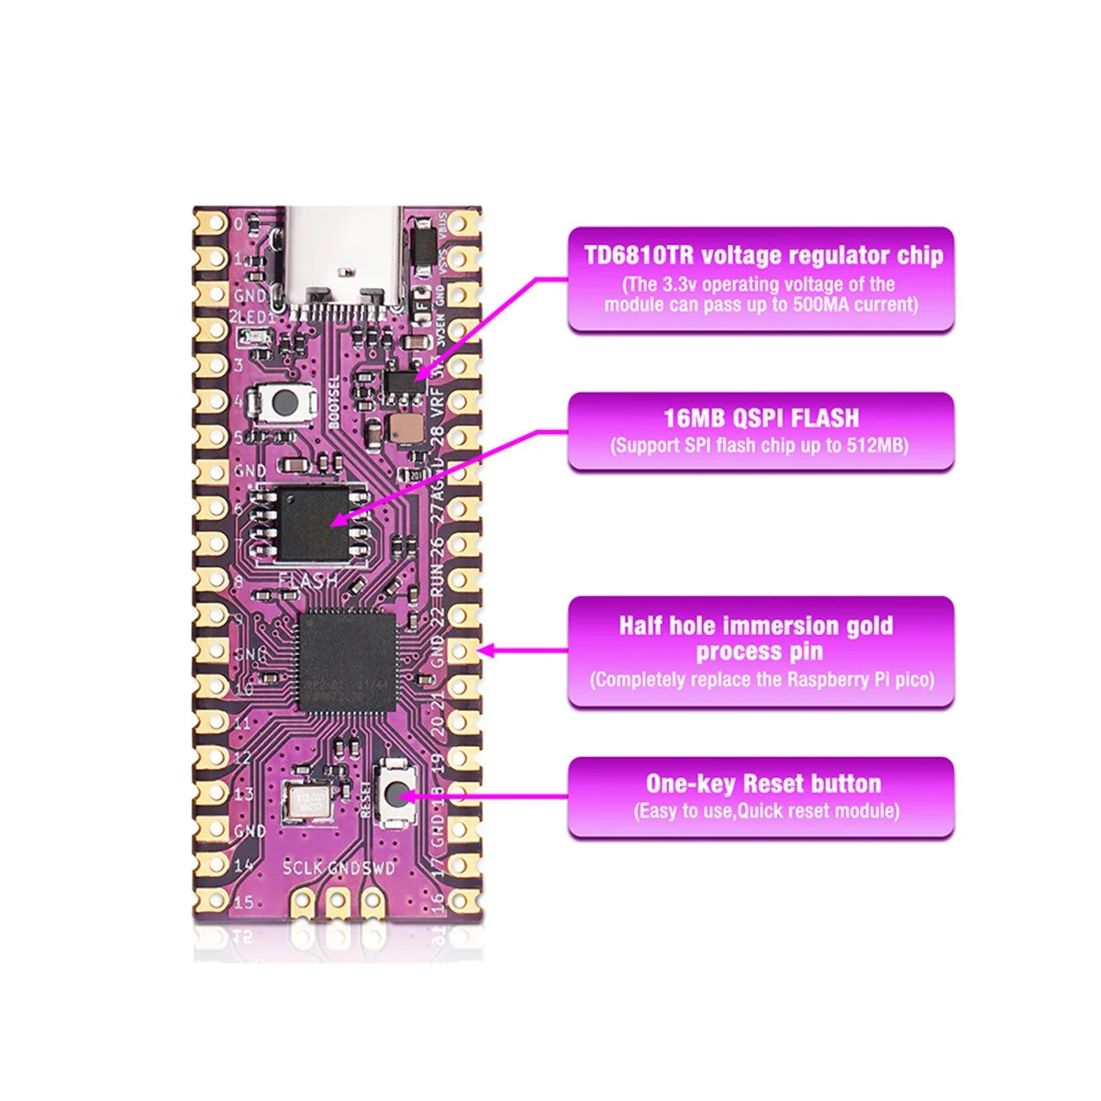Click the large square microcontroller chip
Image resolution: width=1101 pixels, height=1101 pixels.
click(348, 654)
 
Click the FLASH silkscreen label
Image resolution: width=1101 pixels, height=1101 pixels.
click(307, 580)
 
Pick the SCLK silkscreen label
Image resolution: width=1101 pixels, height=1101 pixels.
click(303, 868)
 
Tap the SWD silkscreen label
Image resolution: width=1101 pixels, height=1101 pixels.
click(380, 868)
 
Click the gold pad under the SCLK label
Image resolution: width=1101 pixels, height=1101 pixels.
click(304, 903)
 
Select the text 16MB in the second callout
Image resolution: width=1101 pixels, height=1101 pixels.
click(695, 419)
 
